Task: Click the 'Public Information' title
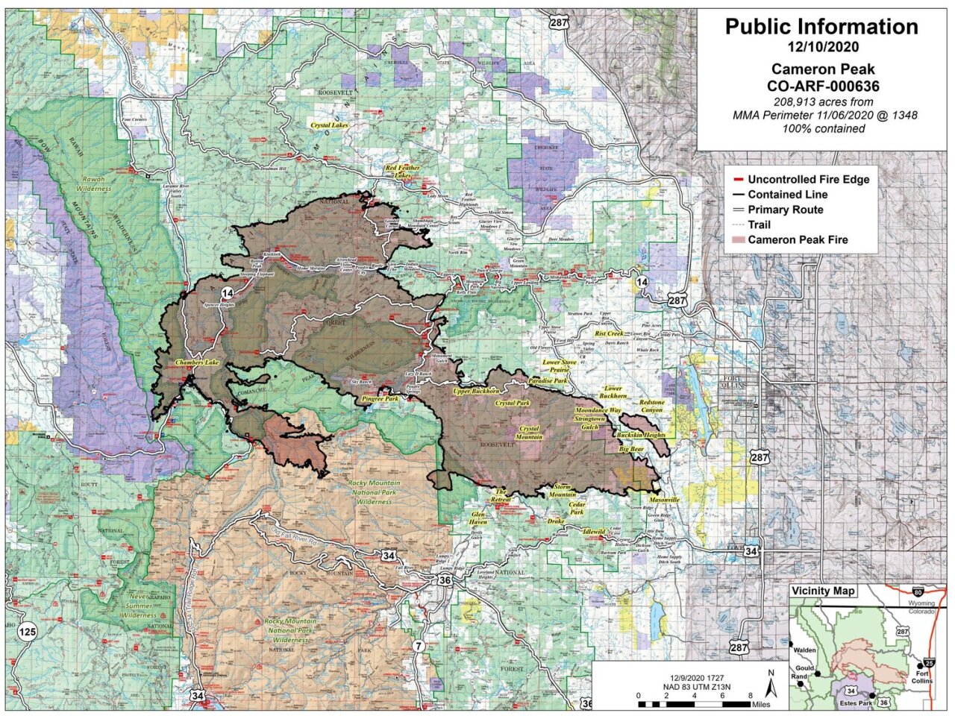tap(821, 27)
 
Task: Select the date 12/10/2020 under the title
tap(821, 47)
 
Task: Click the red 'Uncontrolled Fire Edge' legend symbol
tap(737, 180)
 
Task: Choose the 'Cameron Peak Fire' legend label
tap(798, 239)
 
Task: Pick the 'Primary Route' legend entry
tap(786, 210)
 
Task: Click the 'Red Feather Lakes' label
tap(403, 172)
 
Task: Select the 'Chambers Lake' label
tap(197, 362)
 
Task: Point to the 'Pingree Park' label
tap(380, 400)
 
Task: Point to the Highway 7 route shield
tap(419, 645)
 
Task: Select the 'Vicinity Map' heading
tap(824, 591)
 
